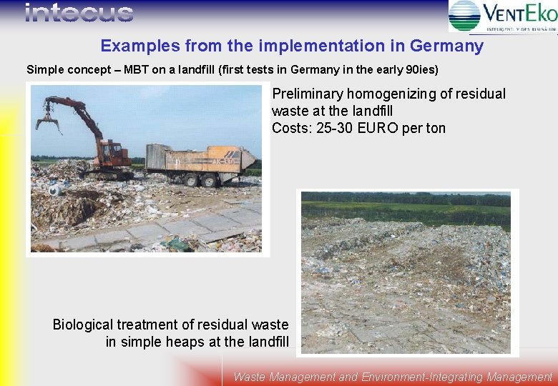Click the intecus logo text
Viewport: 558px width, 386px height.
click(x=79, y=13)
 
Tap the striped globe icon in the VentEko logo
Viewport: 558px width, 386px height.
click(x=464, y=15)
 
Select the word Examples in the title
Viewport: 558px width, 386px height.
click(x=140, y=46)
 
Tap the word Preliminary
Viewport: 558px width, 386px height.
click(x=308, y=94)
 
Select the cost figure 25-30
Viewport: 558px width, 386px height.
click(x=335, y=129)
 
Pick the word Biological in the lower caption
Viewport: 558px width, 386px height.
click(x=85, y=325)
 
